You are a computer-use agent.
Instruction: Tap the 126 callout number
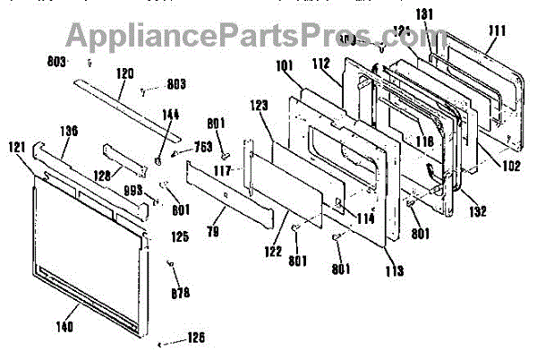195,338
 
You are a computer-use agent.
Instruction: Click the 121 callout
17,146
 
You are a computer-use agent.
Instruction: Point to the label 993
133,191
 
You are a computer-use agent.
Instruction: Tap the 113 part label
395,270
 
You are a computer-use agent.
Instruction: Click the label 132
477,212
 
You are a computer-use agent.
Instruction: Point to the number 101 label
285,64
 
